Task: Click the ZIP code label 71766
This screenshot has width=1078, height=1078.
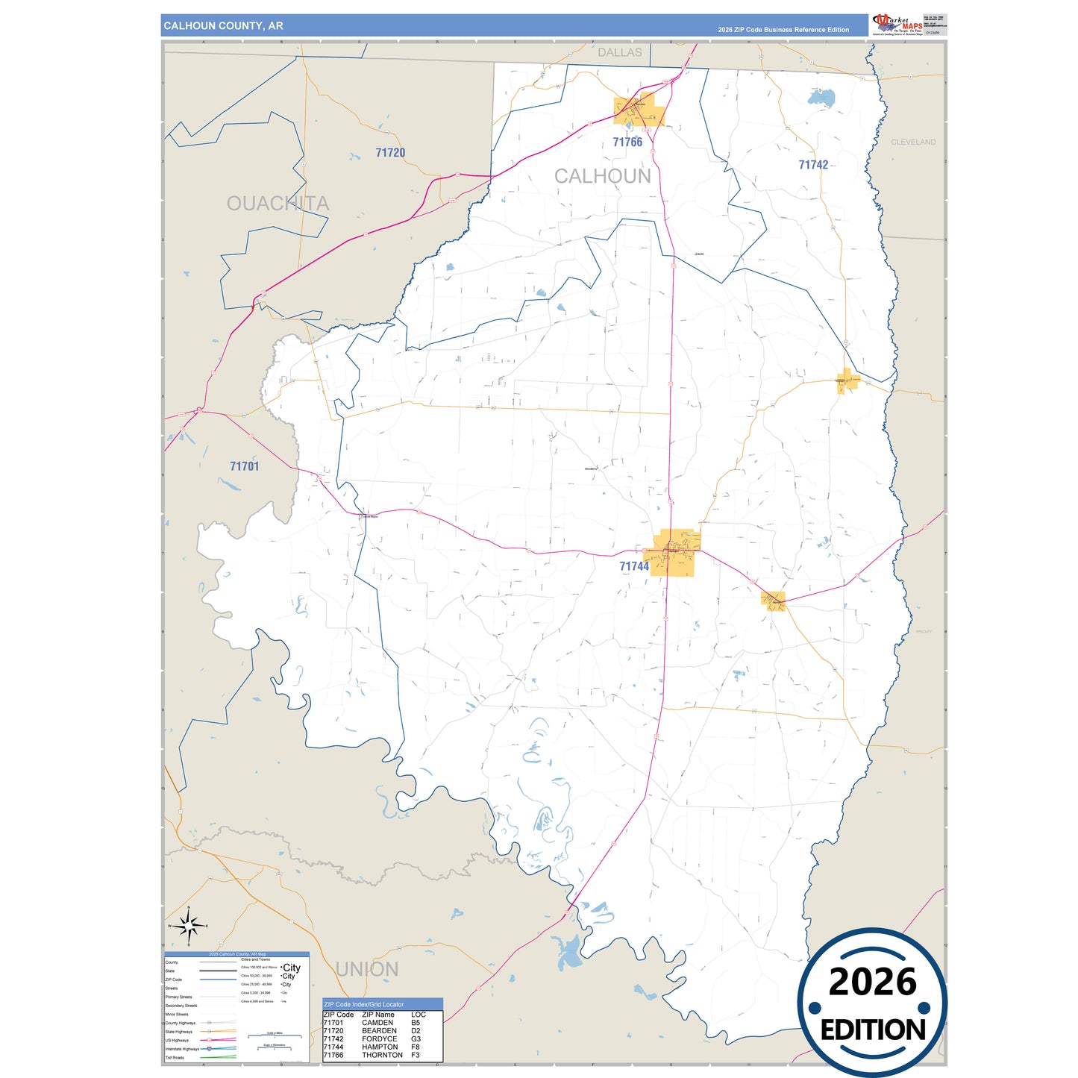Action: (627, 142)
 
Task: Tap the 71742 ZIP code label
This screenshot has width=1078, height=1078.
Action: (813, 165)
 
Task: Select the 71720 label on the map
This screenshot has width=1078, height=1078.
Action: (390, 153)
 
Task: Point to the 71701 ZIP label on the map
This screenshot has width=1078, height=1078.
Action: (244, 466)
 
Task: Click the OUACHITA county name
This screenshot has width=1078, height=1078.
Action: (278, 204)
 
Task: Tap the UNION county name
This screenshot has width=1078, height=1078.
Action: (367, 969)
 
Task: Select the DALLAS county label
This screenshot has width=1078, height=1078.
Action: (619, 52)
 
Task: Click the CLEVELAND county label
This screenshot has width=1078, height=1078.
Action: (913, 142)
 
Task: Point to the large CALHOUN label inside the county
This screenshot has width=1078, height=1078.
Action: (602, 176)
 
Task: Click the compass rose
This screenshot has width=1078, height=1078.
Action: (189, 927)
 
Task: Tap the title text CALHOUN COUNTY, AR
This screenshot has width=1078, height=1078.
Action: (223, 25)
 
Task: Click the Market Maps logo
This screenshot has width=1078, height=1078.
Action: (897, 24)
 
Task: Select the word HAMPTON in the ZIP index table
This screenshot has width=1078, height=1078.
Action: (380, 1047)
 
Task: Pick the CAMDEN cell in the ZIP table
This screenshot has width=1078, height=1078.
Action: (377, 1023)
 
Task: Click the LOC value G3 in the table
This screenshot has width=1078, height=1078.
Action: (416, 1038)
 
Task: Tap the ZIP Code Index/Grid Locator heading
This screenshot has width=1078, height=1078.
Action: (363, 1004)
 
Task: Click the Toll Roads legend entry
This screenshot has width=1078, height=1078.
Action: (175, 1057)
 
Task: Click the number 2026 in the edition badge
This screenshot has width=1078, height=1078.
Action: (872, 982)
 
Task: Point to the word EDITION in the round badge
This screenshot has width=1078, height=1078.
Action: (872, 1030)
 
